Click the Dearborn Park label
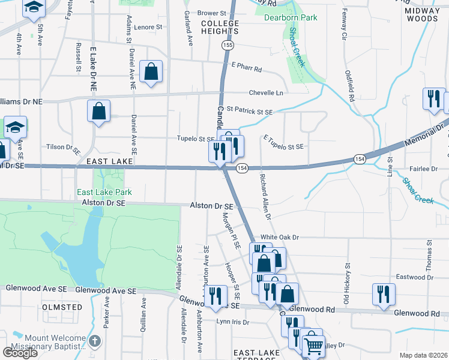tap(291, 18)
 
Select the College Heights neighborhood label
tap(220, 27)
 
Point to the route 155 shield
tap(227, 45)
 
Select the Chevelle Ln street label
tap(266, 93)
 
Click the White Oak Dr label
tap(279, 238)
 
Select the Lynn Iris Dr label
tap(232, 322)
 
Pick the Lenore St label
tap(148, 27)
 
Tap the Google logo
tap(20, 353)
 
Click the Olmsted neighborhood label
tap(62, 307)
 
